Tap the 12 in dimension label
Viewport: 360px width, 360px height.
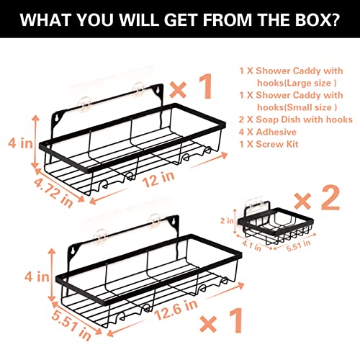158,179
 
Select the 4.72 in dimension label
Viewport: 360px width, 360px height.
53,192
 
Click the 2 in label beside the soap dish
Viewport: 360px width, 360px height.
227,220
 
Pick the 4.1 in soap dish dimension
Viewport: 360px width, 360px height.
251,246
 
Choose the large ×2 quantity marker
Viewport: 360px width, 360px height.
317,197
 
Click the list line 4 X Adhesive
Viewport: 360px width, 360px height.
268,132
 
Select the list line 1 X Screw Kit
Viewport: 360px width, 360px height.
269,144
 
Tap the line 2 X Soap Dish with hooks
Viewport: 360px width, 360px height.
296,120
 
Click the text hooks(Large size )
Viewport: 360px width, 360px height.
297,83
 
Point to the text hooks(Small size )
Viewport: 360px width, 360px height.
297,107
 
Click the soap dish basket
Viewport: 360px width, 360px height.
276,225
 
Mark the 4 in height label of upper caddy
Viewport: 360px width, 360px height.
20,143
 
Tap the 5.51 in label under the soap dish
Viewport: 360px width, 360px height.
298,246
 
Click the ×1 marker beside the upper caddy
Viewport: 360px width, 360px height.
192,86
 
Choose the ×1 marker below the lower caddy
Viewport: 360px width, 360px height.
221,320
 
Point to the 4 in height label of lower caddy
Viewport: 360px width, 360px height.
37,276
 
